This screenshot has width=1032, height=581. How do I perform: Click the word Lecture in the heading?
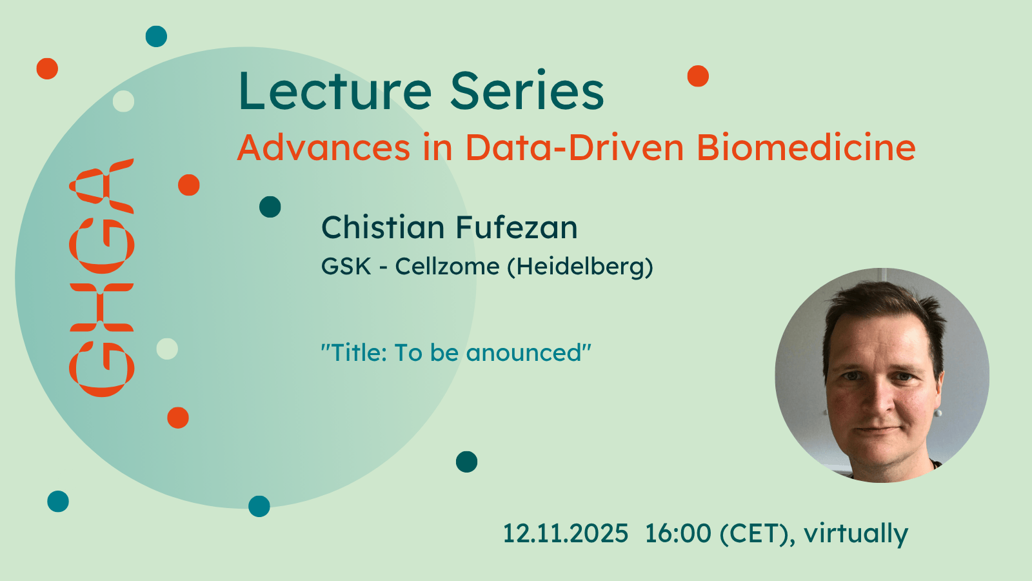coord(335,91)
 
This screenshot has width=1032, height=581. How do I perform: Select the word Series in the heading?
coord(527,91)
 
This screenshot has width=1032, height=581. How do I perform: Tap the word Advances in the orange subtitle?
coord(323,148)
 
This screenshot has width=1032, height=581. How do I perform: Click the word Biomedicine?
coord(806,148)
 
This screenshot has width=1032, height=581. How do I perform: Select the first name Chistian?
coord(383,227)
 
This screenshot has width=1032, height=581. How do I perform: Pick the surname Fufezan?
coord(517,227)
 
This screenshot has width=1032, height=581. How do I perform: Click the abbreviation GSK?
coord(346,266)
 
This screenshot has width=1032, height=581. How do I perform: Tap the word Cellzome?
coord(447,266)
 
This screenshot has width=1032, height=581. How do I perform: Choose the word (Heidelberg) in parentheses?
coord(580,267)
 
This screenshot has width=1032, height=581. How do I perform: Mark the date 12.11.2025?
coord(565,533)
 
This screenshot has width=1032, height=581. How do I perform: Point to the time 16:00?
coord(678,533)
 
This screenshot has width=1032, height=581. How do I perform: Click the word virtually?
coord(856,534)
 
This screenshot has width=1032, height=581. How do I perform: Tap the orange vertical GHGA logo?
coord(102,278)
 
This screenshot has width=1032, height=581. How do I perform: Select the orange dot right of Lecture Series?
coord(698,76)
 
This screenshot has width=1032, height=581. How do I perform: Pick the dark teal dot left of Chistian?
coord(270,207)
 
